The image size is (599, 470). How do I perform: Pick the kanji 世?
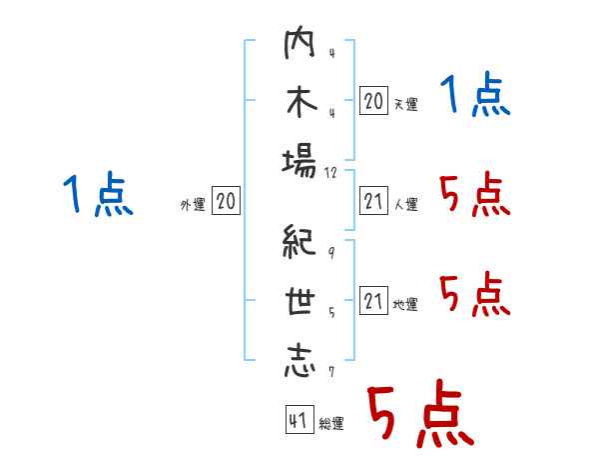[x=299, y=303]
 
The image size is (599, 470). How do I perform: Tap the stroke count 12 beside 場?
[x=331, y=172]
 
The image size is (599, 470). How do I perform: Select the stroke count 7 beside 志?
[x=330, y=372]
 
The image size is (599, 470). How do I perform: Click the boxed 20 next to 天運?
[x=373, y=100]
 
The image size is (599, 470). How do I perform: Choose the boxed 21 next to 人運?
[x=373, y=202]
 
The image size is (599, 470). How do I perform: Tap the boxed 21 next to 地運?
[x=373, y=301]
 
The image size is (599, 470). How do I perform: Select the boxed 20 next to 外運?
[x=226, y=202]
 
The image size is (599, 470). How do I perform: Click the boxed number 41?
[x=297, y=421]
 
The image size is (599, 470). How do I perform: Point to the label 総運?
[x=331, y=424]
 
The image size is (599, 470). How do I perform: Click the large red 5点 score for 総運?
[x=419, y=414]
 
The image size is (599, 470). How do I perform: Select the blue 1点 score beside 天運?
[x=475, y=97]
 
